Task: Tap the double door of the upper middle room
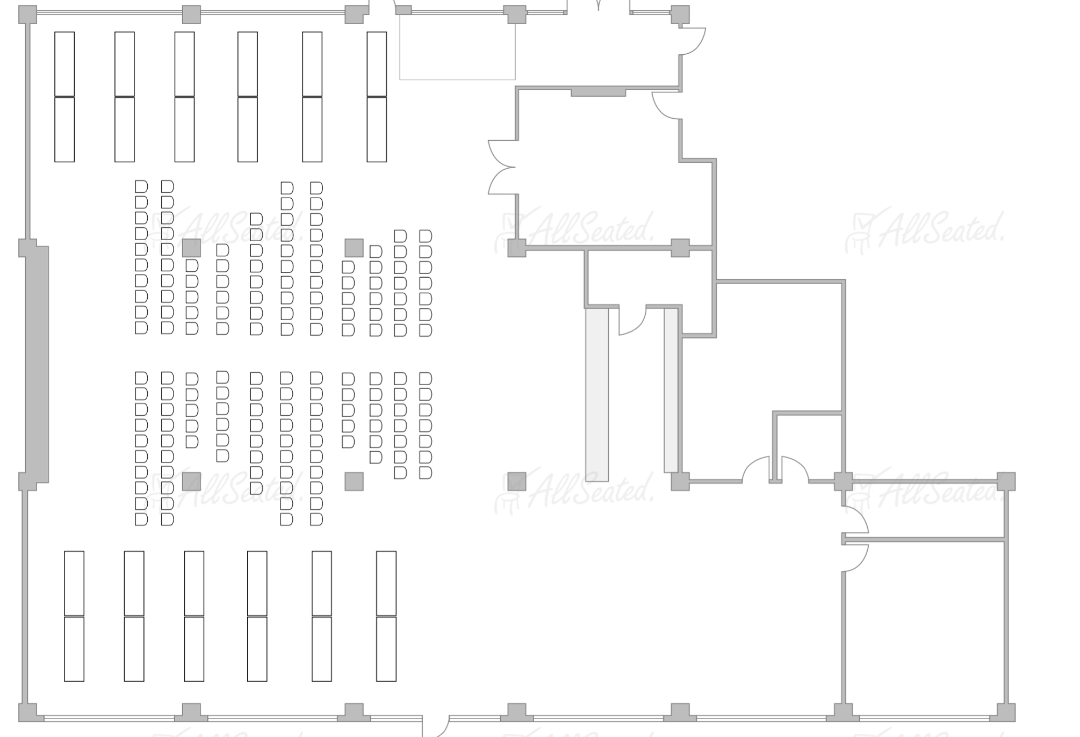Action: click(502, 167)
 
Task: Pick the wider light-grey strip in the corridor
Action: click(597, 394)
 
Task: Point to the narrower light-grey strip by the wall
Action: click(671, 390)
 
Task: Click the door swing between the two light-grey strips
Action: click(632, 321)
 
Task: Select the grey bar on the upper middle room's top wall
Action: click(598, 92)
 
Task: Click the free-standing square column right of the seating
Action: click(517, 482)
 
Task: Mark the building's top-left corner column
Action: click(28, 15)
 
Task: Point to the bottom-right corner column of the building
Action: click(1006, 712)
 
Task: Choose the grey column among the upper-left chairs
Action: click(191, 248)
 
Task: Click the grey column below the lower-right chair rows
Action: click(354, 481)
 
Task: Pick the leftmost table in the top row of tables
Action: click(64, 97)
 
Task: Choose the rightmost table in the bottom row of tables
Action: click(386, 616)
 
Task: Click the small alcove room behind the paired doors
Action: click(808, 446)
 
